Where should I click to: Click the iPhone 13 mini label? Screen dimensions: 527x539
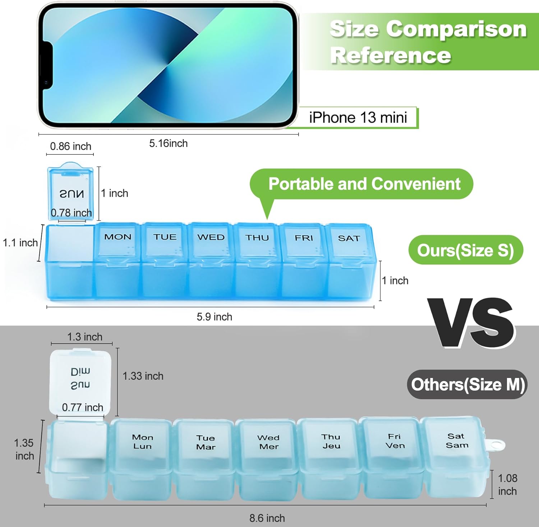click(x=358, y=117)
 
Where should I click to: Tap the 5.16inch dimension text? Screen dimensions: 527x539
click(x=168, y=144)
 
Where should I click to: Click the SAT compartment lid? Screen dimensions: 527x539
click(x=349, y=241)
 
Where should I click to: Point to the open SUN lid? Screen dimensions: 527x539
click(x=71, y=192)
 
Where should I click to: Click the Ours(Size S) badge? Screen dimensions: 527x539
click(x=465, y=250)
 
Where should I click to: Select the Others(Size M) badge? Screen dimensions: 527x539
click(x=467, y=384)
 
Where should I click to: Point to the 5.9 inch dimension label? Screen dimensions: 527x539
click(x=214, y=317)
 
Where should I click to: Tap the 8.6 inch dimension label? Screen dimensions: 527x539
click(x=267, y=518)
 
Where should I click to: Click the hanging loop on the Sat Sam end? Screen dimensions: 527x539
click(x=497, y=446)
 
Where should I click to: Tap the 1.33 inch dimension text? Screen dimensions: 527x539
click(x=143, y=376)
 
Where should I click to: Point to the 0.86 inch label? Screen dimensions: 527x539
click(x=70, y=146)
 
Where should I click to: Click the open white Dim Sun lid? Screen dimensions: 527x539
click(x=80, y=381)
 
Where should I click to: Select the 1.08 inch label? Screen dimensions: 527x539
click(x=507, y=485)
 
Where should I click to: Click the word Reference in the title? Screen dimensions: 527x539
click(x=390, y=56)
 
